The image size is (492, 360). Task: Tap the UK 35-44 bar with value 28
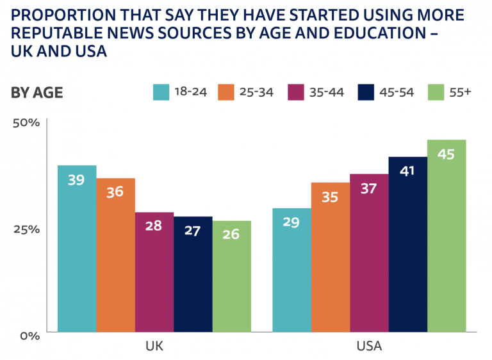[154, 272]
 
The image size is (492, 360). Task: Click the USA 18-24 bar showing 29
[291, 270]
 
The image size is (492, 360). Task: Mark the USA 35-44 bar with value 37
[369, 253]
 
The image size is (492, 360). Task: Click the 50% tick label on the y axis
[27, 122]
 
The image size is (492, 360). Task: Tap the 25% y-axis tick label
[27, 229]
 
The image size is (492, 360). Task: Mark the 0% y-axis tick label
[30, 334]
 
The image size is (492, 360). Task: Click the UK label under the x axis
[154, 347]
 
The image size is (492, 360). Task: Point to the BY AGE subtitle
[37, 93]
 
